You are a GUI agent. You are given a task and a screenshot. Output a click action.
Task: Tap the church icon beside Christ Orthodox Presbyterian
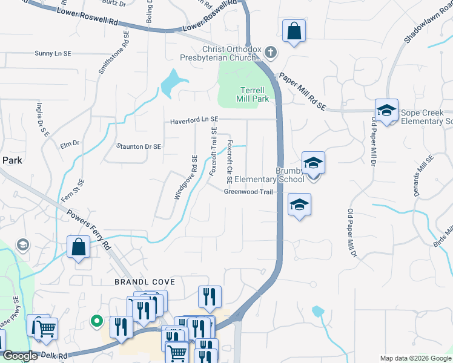pos(271,53)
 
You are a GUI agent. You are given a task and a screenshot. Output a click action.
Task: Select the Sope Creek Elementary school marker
pos(386,111)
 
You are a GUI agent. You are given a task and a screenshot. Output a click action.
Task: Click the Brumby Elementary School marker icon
pos(313,163)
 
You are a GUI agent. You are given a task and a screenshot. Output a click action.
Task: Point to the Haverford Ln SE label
pos(194,120)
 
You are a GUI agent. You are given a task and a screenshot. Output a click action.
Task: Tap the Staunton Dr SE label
pos(139,146)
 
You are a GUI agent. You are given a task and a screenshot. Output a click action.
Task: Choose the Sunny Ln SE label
pos(53,53)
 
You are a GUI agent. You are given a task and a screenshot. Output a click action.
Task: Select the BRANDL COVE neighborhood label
pos(145,282)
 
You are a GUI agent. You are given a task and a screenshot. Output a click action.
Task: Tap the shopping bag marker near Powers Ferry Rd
pos(79,247)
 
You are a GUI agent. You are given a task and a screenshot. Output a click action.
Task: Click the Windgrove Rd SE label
pos(186,178)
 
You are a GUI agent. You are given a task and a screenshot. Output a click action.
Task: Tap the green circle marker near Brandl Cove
pos(95,321)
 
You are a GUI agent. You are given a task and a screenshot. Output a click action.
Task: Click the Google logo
pos(19,356)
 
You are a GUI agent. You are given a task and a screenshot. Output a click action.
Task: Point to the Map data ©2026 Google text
pos(415,358)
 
